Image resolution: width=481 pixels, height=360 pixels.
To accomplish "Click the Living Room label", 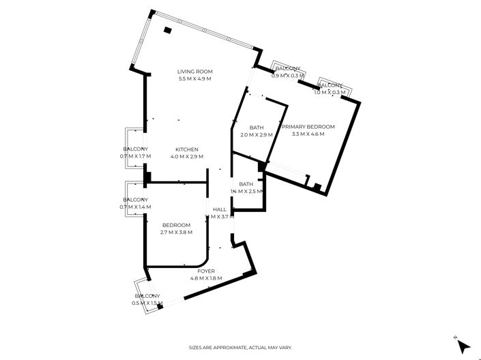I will [x=195, y=72].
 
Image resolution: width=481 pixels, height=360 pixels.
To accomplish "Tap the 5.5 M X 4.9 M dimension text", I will [x=195, y=79].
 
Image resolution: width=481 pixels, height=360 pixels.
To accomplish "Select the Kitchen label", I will [x=187, y=149].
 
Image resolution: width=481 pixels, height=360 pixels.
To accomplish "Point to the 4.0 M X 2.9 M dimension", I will [x=187, y=157].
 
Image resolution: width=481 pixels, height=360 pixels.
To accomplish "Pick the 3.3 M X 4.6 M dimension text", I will [x=308, y=134].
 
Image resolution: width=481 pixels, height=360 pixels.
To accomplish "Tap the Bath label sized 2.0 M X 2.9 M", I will [x=257, y=127].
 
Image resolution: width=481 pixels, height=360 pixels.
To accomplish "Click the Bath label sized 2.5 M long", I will [x=246, y=184].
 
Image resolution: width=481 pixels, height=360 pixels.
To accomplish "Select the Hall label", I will [x=220, y=209].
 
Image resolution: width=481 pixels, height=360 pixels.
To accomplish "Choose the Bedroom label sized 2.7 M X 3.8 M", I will [x=176, y=225].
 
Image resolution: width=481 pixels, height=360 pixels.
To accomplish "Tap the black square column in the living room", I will [x=168, y=30].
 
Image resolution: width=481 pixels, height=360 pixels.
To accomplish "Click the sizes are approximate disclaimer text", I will [x=240, y=348].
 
